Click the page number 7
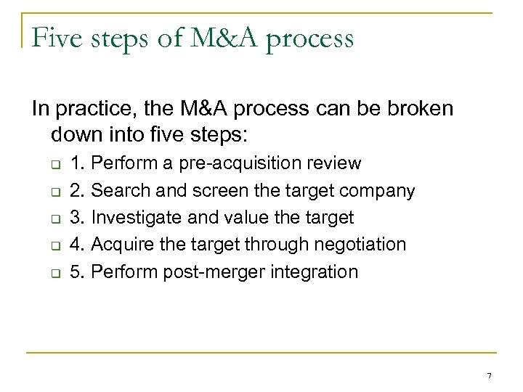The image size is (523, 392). [x=490, y=375]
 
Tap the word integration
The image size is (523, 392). [x=315, y=273]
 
